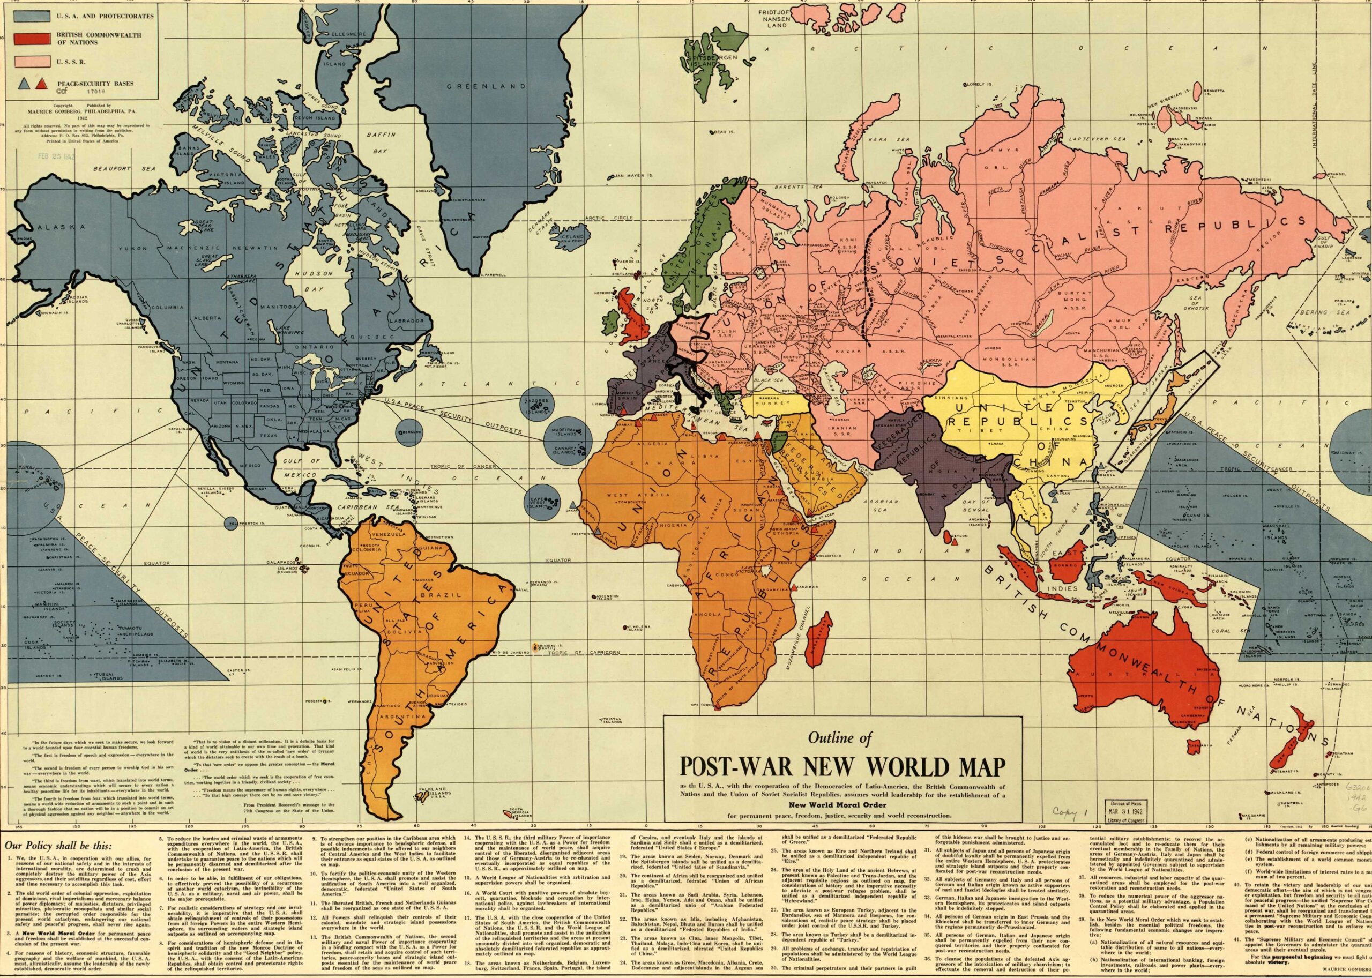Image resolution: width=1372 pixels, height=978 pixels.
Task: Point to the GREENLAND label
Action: point(475,87)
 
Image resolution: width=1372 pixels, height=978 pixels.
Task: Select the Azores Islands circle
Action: point(536,404)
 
